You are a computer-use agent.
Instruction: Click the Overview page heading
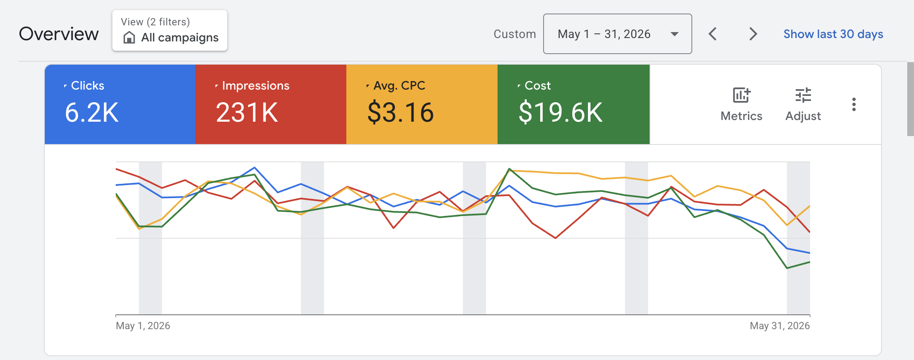[x=59, y=34]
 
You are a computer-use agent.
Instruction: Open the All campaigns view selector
[x=170, y=30]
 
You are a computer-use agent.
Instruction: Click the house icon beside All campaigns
[x=129, y=38]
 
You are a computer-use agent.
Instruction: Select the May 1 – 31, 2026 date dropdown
[x=617, y=34]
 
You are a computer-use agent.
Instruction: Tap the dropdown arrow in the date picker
[x=675, y=34]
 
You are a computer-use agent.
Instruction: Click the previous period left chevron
[x=713, y=34]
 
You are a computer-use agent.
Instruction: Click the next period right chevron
[x=753, y=34]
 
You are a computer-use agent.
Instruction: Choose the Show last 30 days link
[x=833, y=34]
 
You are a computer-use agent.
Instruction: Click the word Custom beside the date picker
[x=515, y=34]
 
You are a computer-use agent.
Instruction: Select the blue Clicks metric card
[x=120, y=104]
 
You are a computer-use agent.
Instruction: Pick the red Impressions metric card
[x=271, y=104]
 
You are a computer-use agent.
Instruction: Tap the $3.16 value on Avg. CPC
[x=400, y=112]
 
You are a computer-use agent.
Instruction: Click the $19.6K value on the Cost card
[x=560, y=112]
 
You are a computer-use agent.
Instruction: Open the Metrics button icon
[x=741, y=95]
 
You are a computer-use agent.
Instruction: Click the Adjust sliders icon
[x=803, y=95]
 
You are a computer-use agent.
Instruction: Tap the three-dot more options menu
[x=854, y=104]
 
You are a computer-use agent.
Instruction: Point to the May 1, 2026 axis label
[x=143, y=326]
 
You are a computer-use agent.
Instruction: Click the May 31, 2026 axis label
[x=780, y=326]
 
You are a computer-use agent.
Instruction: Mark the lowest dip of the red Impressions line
[x=555, y=238]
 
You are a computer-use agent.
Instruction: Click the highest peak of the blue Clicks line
[x=255, y=167]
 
